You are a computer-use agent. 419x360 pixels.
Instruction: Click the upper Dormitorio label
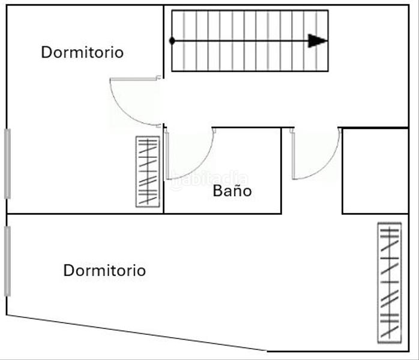(82, 52)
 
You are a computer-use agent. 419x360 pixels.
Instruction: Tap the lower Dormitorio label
(104, 271)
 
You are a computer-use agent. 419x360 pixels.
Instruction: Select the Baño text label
(232, 191)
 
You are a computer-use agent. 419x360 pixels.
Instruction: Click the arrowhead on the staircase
(318, 41)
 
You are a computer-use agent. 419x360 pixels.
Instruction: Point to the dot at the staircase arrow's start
(172, 41)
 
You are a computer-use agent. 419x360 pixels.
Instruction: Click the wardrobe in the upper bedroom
(148, 172)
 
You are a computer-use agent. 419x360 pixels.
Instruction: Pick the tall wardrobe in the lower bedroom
(389, 282)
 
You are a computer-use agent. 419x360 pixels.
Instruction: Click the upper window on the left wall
(7, 163)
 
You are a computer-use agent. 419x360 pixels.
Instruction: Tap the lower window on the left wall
(7, 261)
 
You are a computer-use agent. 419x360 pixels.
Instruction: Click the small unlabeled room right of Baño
(375, 171)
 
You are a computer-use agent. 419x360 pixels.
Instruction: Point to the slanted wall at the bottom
(138, 333)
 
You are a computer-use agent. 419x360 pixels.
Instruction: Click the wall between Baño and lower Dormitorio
(222, 214)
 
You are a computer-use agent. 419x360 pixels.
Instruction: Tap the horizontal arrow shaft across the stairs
(240, 41)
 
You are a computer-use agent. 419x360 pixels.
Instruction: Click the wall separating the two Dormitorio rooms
(84, 214)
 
